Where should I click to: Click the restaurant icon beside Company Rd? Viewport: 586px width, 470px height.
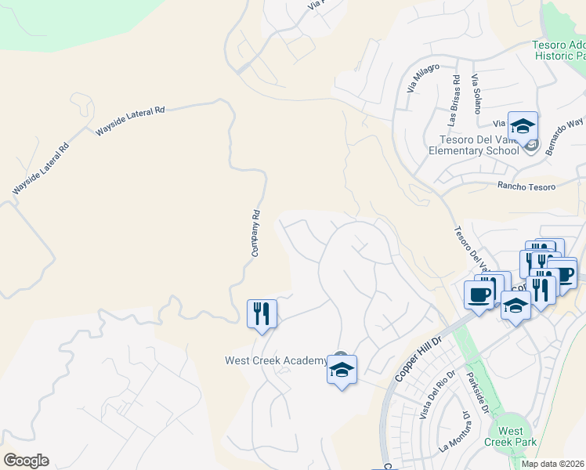[x=262, y=314]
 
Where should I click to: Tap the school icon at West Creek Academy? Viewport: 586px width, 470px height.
[x=342, y=370]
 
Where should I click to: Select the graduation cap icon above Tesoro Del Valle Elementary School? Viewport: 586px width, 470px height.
[x=523, y=126]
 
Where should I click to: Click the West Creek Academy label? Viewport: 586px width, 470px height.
[x=276, y=360]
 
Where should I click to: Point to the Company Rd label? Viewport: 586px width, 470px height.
[x=255, y=233]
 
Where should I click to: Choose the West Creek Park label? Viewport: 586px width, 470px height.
[x=511, y=437]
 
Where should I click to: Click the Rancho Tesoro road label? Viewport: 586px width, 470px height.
[x=526, y=186]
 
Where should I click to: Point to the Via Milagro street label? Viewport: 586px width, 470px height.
[x=422, y=78]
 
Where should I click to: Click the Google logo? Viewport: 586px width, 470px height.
[x=26, y=461]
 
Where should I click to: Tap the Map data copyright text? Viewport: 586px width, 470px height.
[x=553, y=464]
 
